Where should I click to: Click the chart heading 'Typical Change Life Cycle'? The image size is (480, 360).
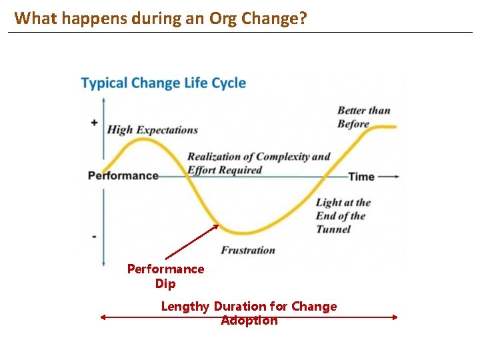pyautogui.click(x=163, y=83)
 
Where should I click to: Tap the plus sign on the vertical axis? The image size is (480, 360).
pyautogui.click(x=94, y=123)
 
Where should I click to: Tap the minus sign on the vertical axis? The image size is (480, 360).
pyautogui.click(x=94, y=236)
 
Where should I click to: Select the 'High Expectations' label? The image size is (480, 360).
pyautogui.click(x=152, y=129)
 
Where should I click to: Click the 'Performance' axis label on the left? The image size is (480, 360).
pyautogui.click(x=123, y=176)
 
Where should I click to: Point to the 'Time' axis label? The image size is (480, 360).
pyautogui.click(x=361, y=177)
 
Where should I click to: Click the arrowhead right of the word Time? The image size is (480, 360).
pyautogui.click(x=396, y=177)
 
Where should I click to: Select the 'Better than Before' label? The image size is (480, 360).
pyautogui.click(x=363, y=117)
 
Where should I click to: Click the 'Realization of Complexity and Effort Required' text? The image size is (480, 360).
pyautogui.click(x=259, y=163)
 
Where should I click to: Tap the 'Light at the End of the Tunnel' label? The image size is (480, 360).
pyautogui.click(x=343, y=215)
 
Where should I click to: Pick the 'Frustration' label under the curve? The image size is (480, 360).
pyautogui.click(x=248, y=251)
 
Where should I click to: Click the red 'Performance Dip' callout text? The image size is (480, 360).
pyautogui.click(x=165, y=276)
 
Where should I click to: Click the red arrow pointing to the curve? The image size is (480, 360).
pyautogui.click(x=192, y=241)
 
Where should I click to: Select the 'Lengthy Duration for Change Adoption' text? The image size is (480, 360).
pyautogui.click(x=249, y=313)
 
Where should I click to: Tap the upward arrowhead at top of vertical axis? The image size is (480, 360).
pyautogui.click(x=103, y=100)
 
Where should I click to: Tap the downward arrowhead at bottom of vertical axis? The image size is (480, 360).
pyautogui.click(x=103, y=264)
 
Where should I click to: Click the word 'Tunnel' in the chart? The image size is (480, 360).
pyautogui.click(x=333, y=229)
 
